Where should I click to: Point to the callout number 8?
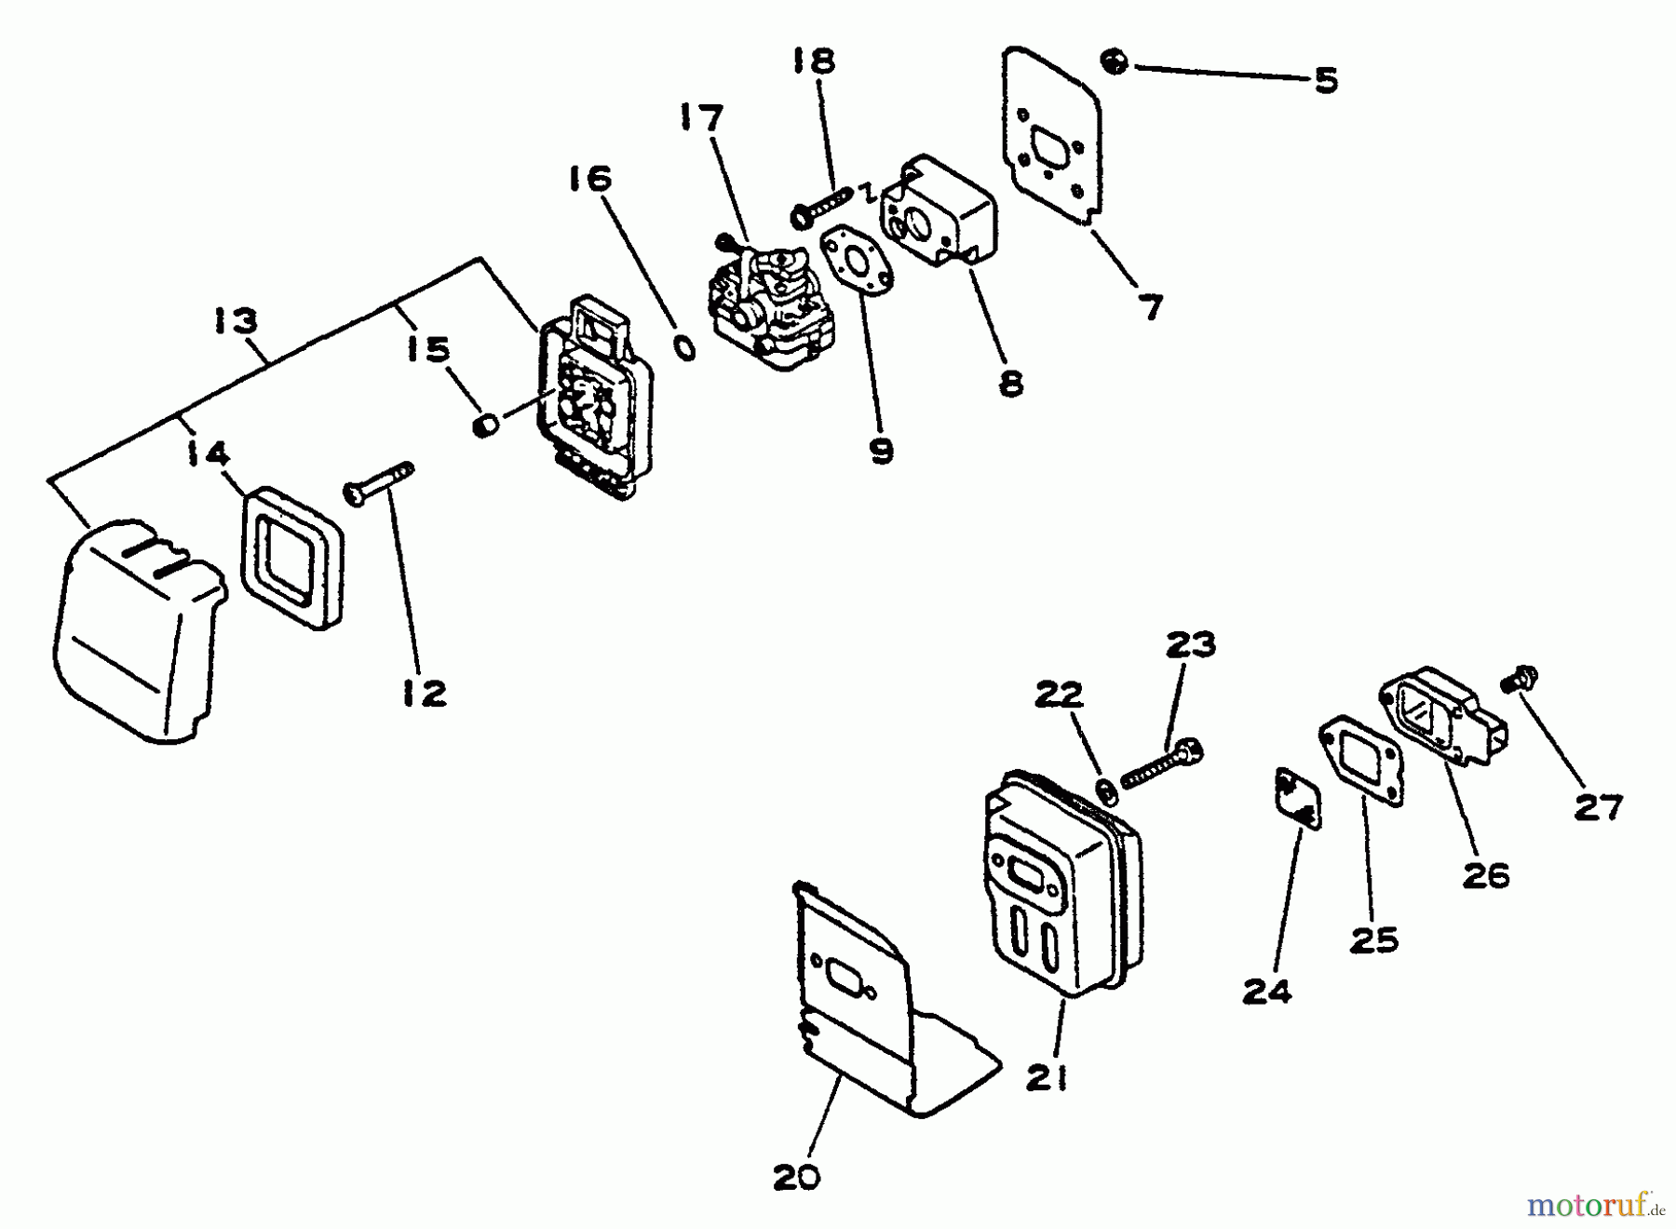click(x=1010, y=383)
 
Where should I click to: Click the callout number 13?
click(x=235, y=321)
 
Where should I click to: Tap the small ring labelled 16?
click(x=684, y=348)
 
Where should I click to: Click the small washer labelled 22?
click(x=1105, y=790)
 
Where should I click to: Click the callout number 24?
click(x=1267, y=993)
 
